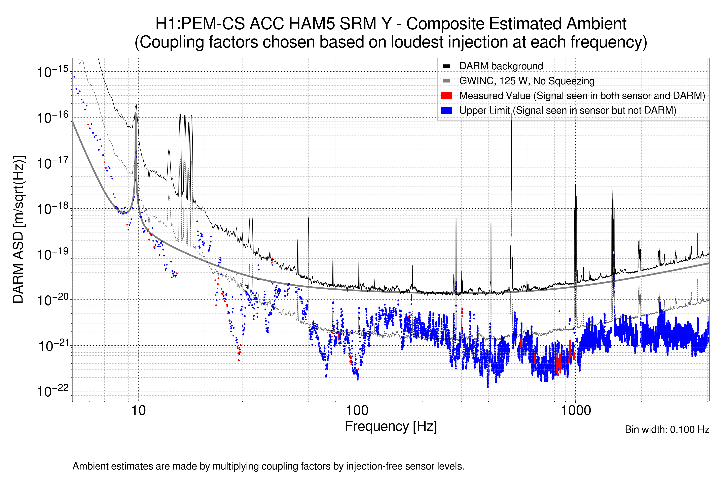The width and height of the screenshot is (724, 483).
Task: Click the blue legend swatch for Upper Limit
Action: [x=446, y=110]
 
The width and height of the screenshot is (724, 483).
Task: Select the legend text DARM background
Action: [x=501, y=66]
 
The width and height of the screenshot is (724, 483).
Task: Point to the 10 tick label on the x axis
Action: [x=138, y=411]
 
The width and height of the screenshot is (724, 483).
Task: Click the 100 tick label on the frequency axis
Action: [x=357, y=411]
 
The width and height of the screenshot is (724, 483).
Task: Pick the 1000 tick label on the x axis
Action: [x=576, y=411]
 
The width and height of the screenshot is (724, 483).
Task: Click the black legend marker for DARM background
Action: [x=446, y=66]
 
